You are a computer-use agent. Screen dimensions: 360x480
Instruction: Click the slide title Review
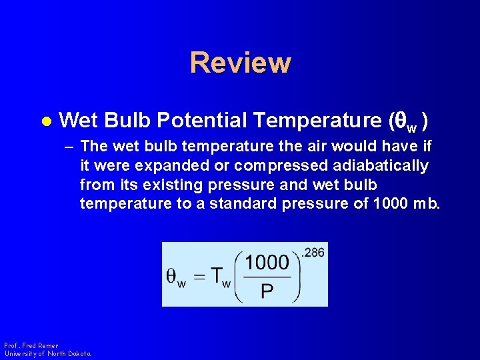[x=240, y=63]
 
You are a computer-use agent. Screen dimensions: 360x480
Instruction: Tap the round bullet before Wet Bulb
[x=46, y=121]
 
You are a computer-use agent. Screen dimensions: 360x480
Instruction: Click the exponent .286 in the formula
[x=313, y=253]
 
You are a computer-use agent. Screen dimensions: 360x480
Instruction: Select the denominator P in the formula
[x=267, y=292]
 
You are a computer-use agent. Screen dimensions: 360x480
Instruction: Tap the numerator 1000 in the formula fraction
[x=267, y=263]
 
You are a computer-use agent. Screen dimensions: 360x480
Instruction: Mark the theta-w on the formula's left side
[x=175, y=279]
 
